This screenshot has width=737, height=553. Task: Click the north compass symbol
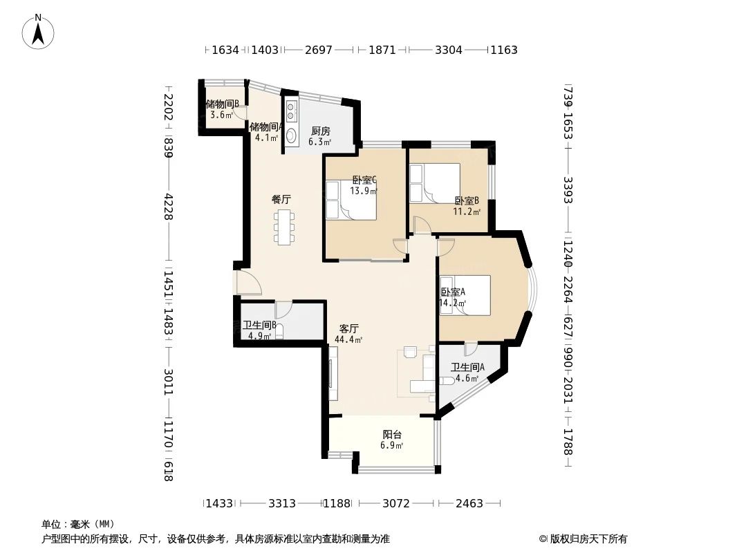(x=39, y=31)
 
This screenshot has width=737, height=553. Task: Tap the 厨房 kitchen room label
(x=320, y=136)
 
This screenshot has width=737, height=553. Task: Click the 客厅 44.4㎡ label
(x=348, y=334)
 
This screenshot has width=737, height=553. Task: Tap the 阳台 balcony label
(x=392, y=440)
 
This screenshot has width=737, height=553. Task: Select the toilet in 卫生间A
(x=446, y=380)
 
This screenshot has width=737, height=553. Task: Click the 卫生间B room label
(x=259, y=330)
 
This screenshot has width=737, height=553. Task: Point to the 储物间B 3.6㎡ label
(x=222, y=109)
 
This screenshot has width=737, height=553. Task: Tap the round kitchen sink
(x=292, y=136)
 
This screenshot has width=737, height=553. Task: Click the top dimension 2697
(x=319, y=50)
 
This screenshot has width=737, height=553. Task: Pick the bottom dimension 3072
(x=396, y=503)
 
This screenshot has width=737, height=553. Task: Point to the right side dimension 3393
(x=568, y=190)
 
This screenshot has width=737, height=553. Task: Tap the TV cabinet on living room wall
(x=333, y=373)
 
